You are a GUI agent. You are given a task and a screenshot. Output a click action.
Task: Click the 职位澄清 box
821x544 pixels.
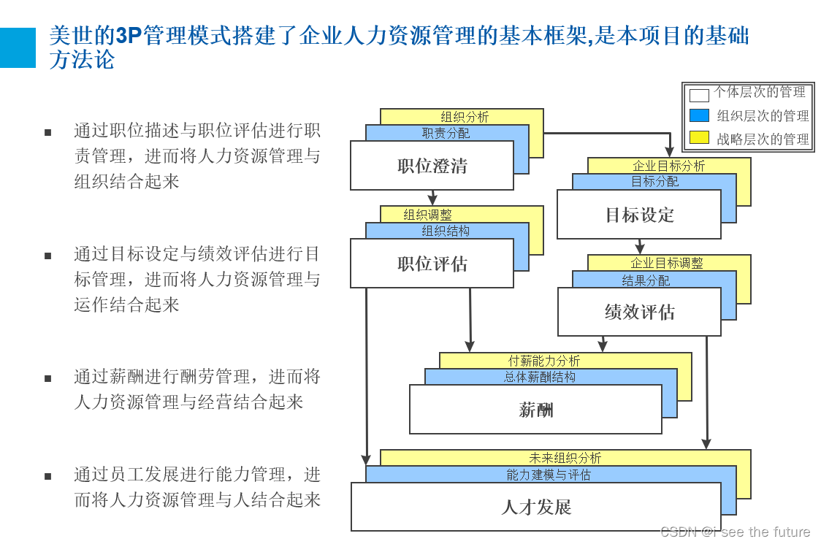[x=432, y=166]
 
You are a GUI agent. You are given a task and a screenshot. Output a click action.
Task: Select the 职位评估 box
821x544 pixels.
[x=432, y=264]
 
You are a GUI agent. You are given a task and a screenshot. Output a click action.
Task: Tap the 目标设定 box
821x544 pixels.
[x=639, y=215]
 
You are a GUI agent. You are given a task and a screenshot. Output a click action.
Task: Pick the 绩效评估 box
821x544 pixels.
[x=639, y=312]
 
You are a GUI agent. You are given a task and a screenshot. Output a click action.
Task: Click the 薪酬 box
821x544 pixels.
[x=535, y=410]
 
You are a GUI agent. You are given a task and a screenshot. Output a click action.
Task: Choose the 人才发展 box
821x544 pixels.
[x=535, y=507]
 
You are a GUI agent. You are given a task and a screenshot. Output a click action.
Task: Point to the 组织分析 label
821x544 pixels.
[x=465, y=117]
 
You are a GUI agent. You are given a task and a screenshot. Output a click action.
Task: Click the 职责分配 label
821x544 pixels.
[x=446, y=134]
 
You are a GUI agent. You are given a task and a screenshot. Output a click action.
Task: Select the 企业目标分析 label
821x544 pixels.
[x=668, y=166]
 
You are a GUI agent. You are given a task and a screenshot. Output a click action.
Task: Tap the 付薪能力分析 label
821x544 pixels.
[x=544, y=361]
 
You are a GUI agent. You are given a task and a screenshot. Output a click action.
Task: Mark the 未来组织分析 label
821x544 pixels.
[x=565, y=458]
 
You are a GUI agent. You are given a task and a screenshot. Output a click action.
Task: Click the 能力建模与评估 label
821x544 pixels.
[x=549, y=475]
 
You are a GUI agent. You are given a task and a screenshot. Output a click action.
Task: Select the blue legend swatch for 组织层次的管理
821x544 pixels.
[x=699, y=115]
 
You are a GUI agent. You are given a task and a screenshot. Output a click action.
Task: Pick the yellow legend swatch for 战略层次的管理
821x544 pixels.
[x=699, y=137]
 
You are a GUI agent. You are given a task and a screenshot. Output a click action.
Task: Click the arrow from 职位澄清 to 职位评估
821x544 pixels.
[x=432, y=198]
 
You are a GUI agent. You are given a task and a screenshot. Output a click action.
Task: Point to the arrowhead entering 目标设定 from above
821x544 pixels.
[x=669, y=151]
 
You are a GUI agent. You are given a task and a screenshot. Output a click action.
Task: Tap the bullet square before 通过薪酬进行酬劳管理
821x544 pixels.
[x=48, y=378]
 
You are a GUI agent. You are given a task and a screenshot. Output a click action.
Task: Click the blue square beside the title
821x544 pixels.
[x=18, y=47]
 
